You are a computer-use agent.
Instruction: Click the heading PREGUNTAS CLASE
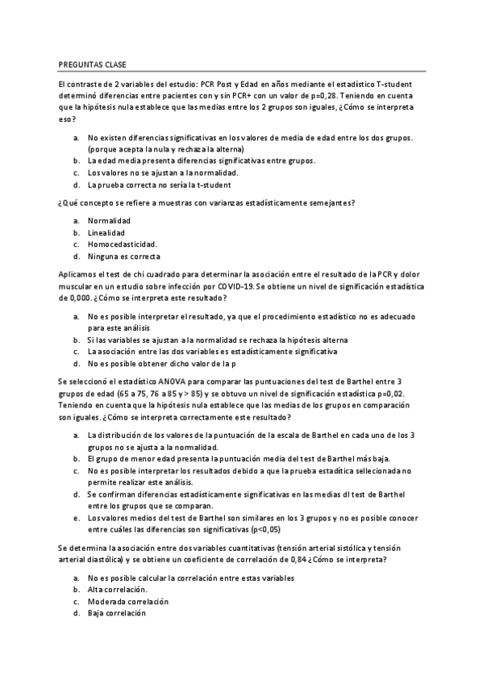coord(92,64)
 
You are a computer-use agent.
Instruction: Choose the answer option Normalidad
coord(110,221)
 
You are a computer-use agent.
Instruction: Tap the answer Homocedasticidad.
coord(123,244)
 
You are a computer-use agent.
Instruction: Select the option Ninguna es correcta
coord(124,256)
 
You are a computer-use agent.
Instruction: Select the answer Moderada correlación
coord(128,602)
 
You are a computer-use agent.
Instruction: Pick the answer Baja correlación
coord(117,613)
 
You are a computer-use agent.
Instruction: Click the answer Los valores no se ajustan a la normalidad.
coord(163,173)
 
